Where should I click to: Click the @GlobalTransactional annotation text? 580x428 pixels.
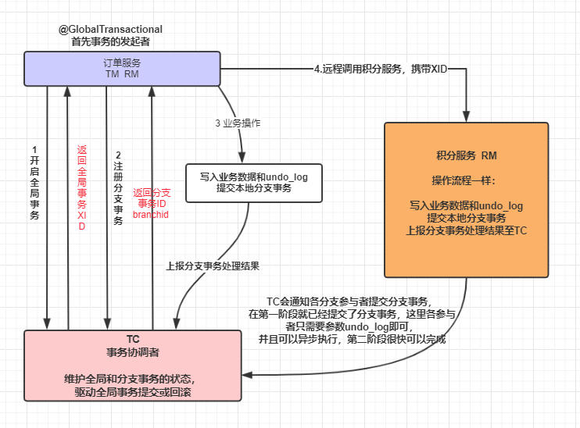tap(111, 29)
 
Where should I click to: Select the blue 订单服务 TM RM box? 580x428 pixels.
tap(121, 68)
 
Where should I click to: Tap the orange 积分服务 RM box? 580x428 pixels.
tap(466, 199)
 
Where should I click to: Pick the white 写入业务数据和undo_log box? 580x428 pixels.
tap(253, 183)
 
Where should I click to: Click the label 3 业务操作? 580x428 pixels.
tap(238, 123)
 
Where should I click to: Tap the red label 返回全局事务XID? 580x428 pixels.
tap(81, 187)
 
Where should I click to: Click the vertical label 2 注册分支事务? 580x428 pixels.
tap(118, 187)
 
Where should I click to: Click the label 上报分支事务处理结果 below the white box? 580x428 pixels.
tap(213, 266)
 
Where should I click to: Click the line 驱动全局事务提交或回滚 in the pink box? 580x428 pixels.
tap(132, 392)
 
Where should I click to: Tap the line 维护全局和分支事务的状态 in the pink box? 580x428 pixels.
tap(132, 379)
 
